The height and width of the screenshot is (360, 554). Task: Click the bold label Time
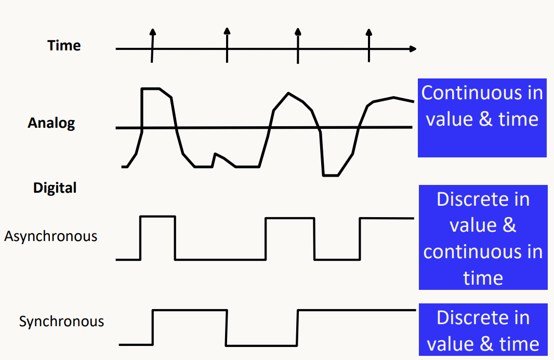[64, 46]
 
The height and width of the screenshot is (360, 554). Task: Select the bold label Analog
[51, 123]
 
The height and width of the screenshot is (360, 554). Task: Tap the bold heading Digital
[55, 188]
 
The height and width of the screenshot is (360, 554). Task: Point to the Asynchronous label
[50, 236]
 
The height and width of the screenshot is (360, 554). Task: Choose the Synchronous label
[61, 322]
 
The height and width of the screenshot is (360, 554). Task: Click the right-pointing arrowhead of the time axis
[413, 49]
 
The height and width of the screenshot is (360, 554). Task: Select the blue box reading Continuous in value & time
[482, 117]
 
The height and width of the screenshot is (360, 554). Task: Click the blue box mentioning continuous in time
[483, 237]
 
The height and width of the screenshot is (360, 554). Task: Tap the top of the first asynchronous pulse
[157, 217]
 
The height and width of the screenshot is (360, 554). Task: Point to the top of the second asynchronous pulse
[289, 218]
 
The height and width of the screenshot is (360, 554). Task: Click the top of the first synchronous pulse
[190, 311]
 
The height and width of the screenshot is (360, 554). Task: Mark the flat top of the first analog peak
[151, 89]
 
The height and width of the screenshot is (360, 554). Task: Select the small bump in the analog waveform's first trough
[216, 154]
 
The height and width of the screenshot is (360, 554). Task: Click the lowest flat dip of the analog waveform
[331, 176]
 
